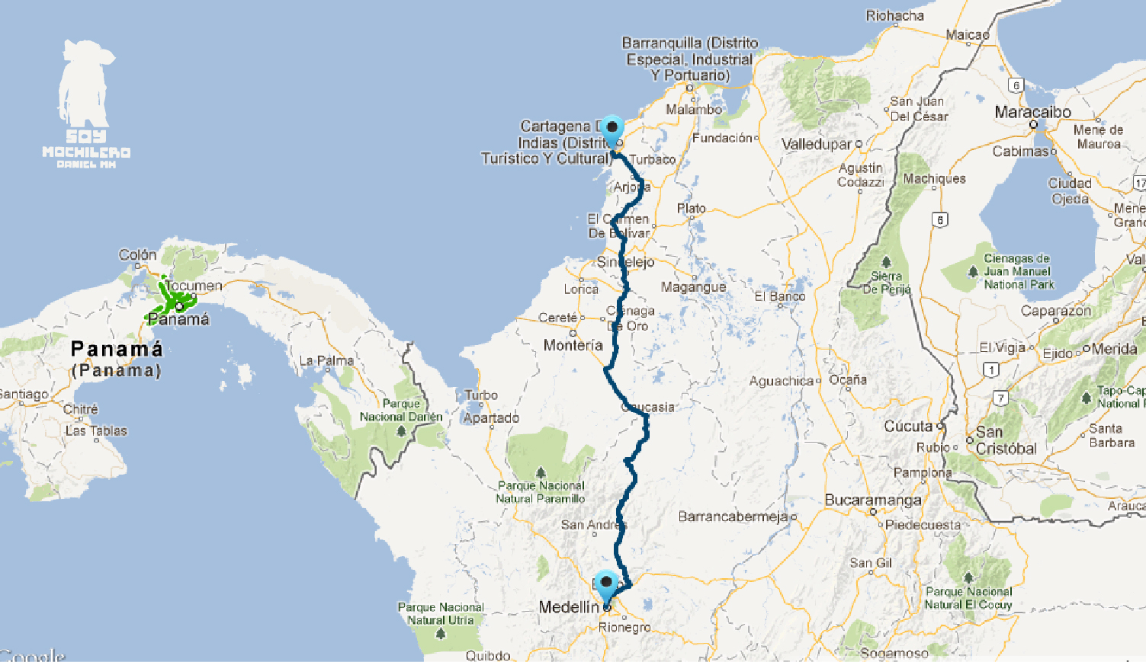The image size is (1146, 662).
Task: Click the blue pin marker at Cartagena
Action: tap(612, 127)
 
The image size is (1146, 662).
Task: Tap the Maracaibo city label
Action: tap(1032, 112)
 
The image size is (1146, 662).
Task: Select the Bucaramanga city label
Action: tap(872, 500)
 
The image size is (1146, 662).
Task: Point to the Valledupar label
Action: tap(816, 144)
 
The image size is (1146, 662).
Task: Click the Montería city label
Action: tap(573, 345)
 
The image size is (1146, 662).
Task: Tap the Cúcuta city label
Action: tap(908, 427)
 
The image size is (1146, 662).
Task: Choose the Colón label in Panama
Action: tap(137, 254)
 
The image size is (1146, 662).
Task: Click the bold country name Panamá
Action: tap(117, 349)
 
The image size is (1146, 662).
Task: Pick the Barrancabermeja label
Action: tap(733, 516)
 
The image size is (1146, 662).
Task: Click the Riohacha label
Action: tap(894, 15)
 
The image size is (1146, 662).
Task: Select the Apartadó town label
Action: tap(491, 417)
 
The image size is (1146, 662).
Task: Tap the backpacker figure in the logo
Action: tap(85, 84)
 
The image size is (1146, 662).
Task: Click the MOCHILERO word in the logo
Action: tap(86, 152)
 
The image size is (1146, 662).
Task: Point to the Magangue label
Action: tap(693, 287)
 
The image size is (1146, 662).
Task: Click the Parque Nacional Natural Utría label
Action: tap(441, 613)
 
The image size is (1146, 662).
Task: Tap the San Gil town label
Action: tap(871, 563)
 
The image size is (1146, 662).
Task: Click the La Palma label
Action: tap(326, 360)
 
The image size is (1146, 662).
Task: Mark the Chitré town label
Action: tap(80, 409)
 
